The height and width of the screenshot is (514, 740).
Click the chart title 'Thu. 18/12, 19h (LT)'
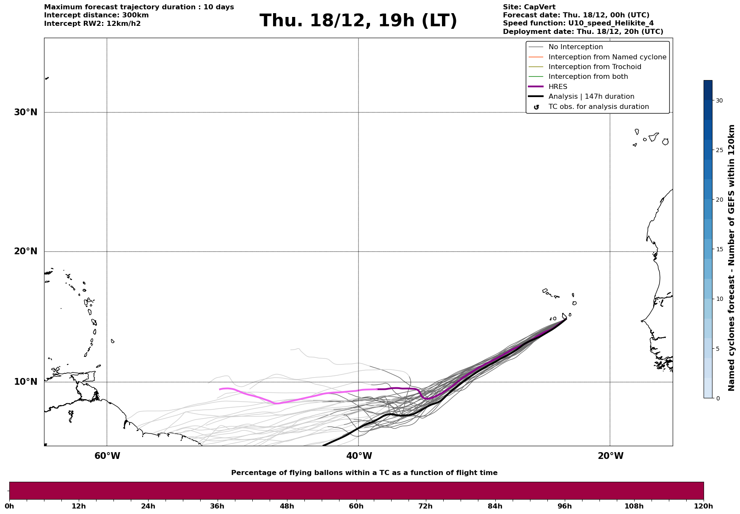(358, 21)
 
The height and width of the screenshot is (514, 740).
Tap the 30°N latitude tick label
(25, 112)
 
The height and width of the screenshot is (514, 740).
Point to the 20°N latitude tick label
(25, 251)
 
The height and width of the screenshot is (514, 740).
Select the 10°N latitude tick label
(25, 382)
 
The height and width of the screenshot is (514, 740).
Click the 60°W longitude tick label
(107, 456)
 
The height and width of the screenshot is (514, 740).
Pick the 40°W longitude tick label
(359, 456)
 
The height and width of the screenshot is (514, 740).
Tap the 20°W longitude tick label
(610, 456)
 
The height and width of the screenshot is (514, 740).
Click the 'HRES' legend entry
(558, 87)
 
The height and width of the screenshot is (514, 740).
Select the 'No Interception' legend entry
(575, 47)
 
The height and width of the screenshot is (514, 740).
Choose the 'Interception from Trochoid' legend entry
(594, 67)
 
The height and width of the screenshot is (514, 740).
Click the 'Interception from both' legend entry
(588, 77)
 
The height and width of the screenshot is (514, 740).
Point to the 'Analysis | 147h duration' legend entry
(591, 97)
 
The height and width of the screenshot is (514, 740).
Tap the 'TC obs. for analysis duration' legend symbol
(536, 107)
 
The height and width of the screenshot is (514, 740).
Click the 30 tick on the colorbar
(719, 100)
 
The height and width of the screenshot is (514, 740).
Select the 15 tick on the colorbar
(719, 249)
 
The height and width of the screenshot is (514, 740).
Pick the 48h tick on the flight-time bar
(287, 506)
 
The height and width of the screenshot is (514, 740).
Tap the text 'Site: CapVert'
(529, 7)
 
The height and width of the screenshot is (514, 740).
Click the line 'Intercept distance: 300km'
(96, 15)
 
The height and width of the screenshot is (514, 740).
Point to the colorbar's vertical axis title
(731, 258)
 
